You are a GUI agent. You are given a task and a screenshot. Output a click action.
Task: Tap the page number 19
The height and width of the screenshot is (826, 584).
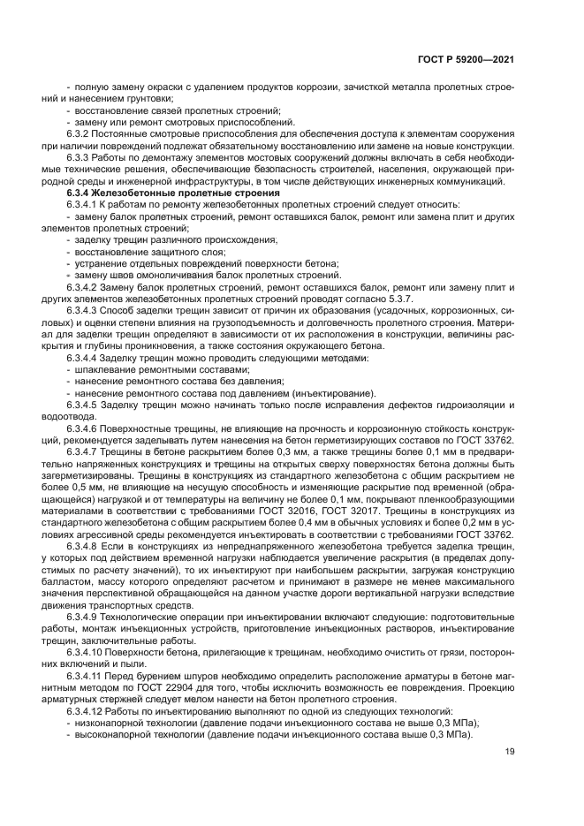pos(510,752)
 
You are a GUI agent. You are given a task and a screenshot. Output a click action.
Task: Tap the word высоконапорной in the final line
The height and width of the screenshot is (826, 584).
pos(112,734)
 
